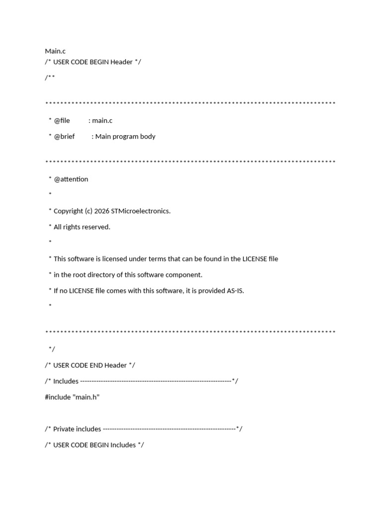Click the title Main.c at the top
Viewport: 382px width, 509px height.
click(x=55, y=51)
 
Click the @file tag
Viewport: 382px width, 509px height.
click(x=62, y=120)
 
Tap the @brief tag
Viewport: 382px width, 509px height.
click(x=64, y=136)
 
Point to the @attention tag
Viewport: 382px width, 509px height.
click(x=71, y=179)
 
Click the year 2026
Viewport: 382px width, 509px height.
click(x=101, y=211)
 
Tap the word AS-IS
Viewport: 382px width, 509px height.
click(x=235, y=290)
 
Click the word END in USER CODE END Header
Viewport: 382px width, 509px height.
click(x=96, y=365)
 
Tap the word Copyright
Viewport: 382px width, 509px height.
click(x=69, y=211)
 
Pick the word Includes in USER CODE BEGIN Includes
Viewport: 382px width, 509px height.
click(x=123, y=444)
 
